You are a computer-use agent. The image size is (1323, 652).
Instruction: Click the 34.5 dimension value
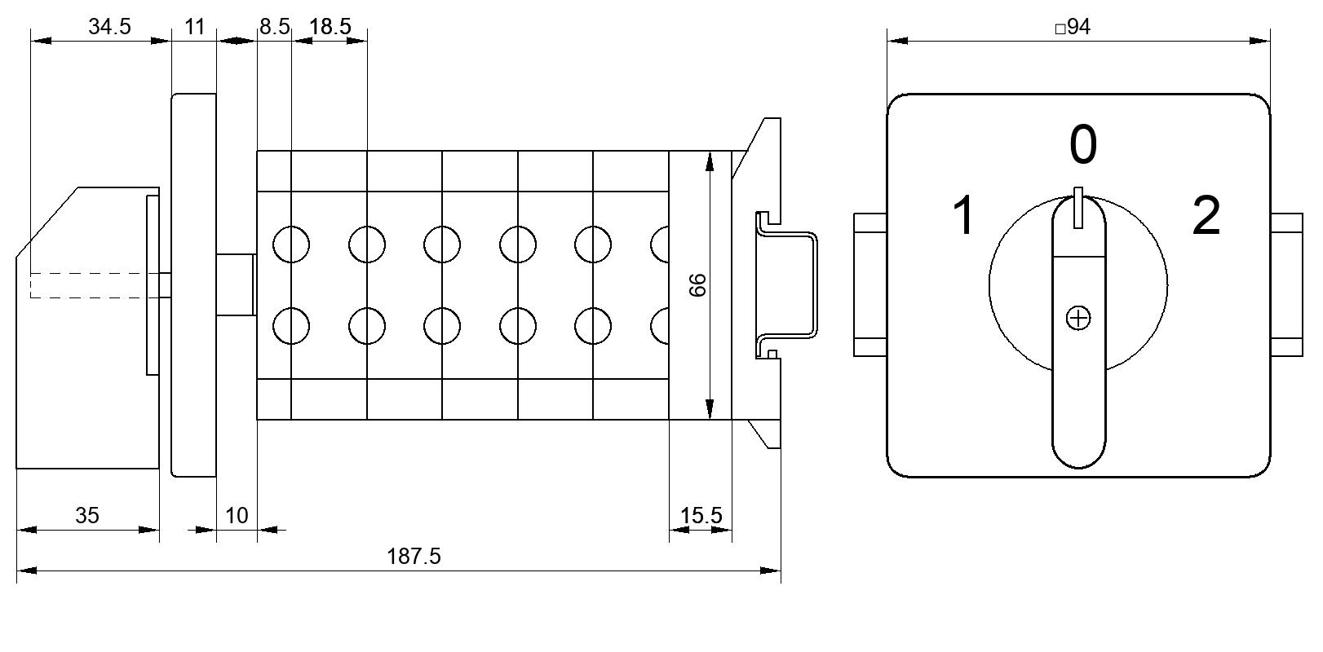(x=109, y=27)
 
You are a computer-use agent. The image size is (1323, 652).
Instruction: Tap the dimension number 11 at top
(x=194, y=27)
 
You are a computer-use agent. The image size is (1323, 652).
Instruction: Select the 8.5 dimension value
(x=275, y=27)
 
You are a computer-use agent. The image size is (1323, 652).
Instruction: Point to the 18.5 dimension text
(x=330, y=27)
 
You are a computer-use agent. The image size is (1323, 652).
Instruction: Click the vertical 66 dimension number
(x=697, y=285)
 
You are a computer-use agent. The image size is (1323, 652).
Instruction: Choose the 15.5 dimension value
(x=701, y=516)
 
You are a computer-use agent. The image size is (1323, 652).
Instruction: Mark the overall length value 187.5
(x=414, y=557)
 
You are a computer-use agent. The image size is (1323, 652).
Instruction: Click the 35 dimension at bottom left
(x=86, y=516)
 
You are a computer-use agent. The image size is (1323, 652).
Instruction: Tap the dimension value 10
(x=237, y=516)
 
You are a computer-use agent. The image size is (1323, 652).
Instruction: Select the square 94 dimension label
(x=1073, y=27)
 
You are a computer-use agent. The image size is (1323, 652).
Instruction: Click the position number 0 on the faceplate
(x=1083, y=144)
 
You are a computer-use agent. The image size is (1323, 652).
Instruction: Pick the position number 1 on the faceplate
(x=963, y=216)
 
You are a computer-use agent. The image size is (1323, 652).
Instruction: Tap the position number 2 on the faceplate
(x=1206, y=216)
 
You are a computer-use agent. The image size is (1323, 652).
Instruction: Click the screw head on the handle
(x=1078, y=319)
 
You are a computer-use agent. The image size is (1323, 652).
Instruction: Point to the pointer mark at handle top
(x=1078, y=208)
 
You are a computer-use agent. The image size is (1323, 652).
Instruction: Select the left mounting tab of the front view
(x=870, y=285)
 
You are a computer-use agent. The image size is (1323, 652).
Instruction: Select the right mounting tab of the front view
(x=1286, y=285)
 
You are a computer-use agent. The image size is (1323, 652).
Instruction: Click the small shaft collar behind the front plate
(x=236, y=285)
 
